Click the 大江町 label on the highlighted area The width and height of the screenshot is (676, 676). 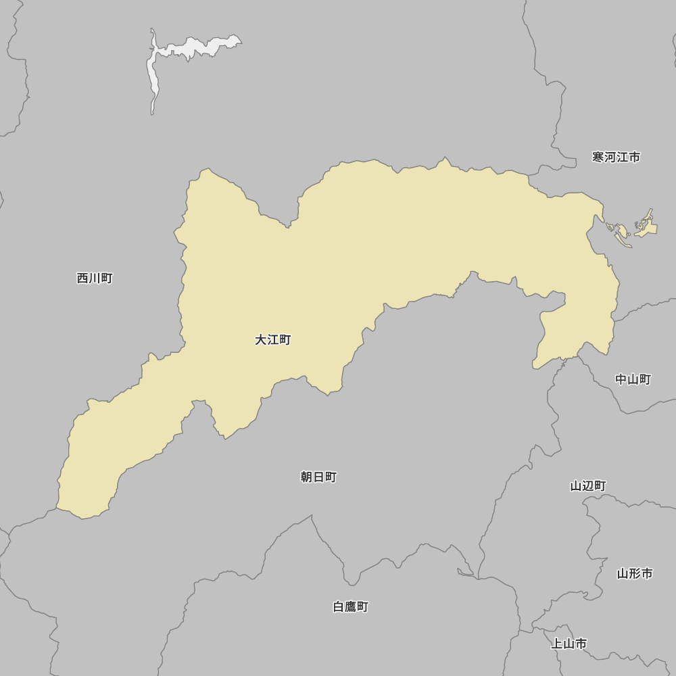point(272,340)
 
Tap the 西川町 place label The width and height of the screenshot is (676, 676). point(95,279)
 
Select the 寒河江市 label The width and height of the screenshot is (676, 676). point(616,158)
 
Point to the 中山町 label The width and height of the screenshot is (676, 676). point(633,380)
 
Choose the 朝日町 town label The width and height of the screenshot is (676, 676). point(318,477)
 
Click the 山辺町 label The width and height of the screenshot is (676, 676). point(588,486)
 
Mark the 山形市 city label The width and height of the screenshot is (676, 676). point(635,574)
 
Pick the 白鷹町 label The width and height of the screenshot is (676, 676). point(351,607)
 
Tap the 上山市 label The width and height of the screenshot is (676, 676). point(569,644)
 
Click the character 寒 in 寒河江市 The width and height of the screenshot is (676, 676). point(598,158)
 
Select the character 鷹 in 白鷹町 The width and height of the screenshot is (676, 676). point(351,607)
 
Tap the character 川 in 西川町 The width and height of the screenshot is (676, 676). point(95,279)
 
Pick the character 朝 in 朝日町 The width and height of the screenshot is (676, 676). point(307,477)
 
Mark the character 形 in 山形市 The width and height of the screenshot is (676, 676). point(635,574)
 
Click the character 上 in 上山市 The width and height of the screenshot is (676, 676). point(557,644)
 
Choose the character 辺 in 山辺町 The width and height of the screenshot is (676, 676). point(588,486)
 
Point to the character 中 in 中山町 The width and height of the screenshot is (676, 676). point(621,380)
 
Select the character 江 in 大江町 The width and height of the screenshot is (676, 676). point(272,340)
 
